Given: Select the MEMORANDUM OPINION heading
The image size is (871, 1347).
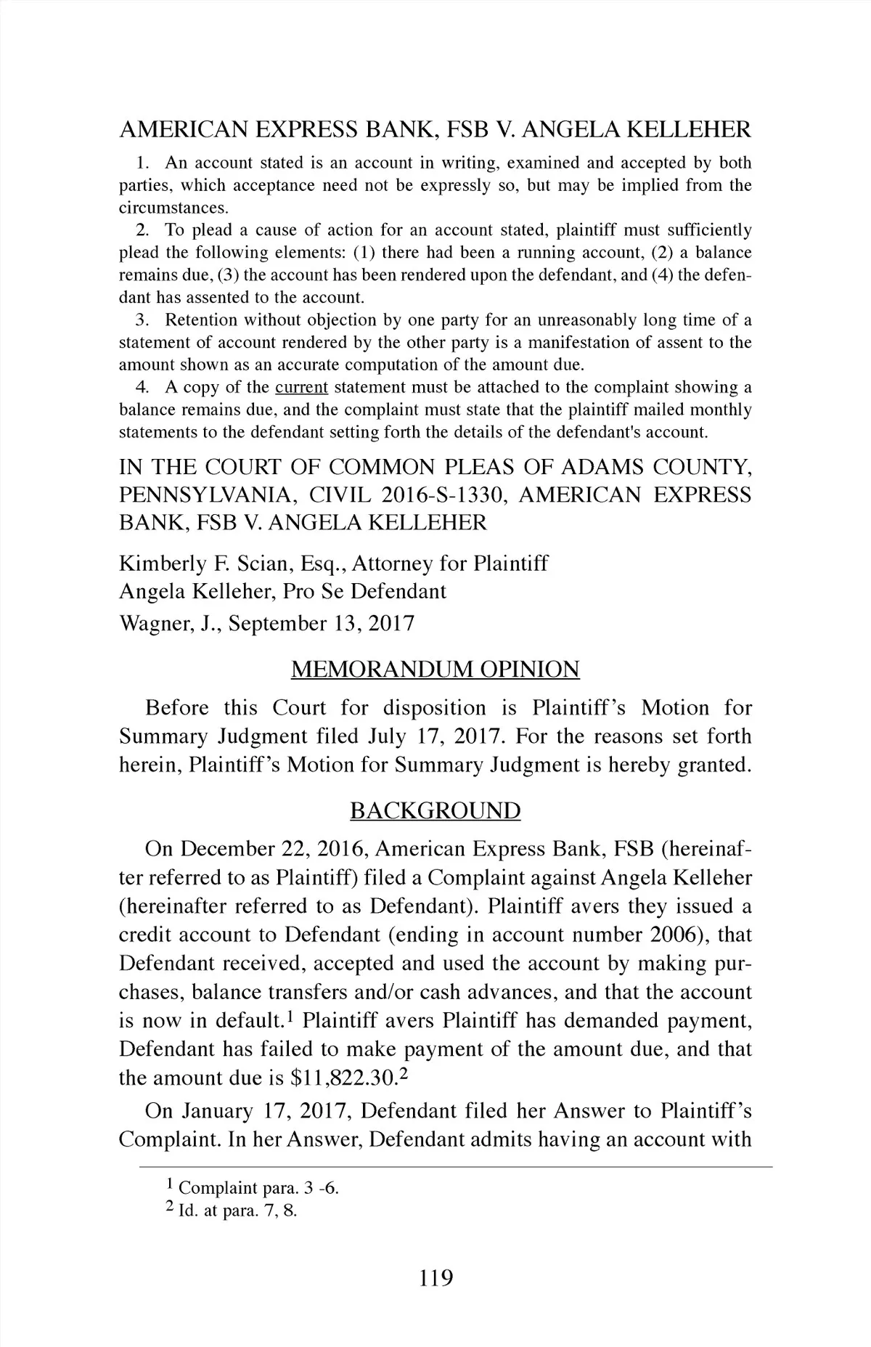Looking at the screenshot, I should click(x=435, y=669).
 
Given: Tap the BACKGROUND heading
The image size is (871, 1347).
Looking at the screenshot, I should click(x=435, y=810).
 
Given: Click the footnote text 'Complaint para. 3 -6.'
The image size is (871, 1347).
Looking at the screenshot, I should click(x=258, y=1189).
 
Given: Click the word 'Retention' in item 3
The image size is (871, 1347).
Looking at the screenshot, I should click(x=200, y=320).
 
